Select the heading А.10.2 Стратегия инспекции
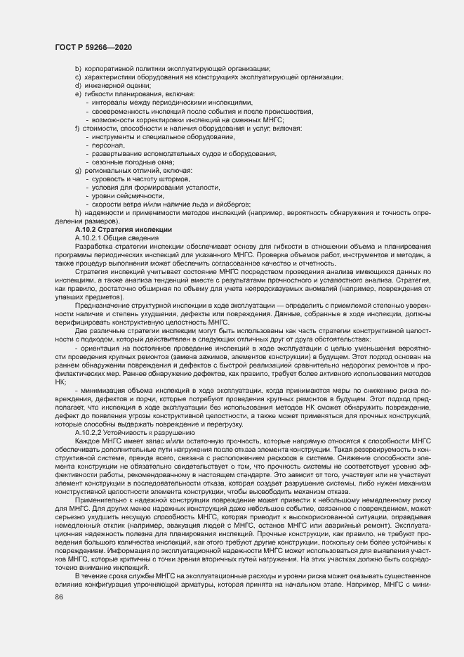(118, 230)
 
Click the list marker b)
(78, 68)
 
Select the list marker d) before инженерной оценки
(78, 86)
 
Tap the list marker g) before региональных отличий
(78, 171)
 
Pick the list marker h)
(78, 213)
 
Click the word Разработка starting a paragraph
(93, 247)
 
